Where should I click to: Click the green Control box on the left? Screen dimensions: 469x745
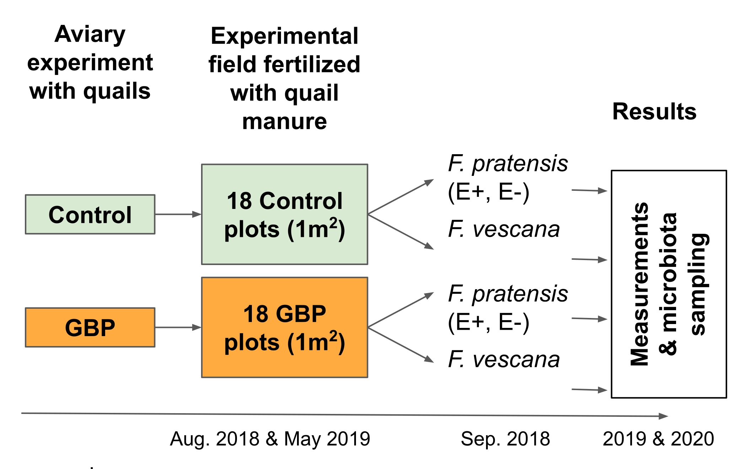90,214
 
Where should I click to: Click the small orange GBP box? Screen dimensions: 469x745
90,327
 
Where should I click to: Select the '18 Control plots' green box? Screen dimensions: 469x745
284,214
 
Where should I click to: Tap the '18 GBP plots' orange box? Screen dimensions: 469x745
284,327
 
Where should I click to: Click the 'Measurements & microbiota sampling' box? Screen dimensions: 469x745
669,284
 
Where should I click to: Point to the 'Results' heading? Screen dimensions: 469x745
654,112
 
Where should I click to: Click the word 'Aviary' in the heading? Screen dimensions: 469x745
90,34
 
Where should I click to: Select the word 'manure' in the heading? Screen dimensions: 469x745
284,122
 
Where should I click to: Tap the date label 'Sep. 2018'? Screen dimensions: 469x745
505,439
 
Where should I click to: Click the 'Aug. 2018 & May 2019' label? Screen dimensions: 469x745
270,439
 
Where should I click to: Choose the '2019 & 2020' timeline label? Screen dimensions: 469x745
658,439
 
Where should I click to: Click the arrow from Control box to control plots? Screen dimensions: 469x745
178,214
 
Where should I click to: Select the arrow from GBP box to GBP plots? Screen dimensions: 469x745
178,327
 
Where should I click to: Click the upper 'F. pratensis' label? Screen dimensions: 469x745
508,163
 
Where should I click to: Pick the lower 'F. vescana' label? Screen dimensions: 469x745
504,359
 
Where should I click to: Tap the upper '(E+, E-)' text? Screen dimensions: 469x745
488,192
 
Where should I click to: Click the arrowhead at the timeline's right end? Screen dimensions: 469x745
663,416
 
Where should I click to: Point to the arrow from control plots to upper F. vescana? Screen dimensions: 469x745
401,231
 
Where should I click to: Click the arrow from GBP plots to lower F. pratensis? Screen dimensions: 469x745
401,309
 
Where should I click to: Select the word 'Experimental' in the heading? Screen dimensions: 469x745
284,36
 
